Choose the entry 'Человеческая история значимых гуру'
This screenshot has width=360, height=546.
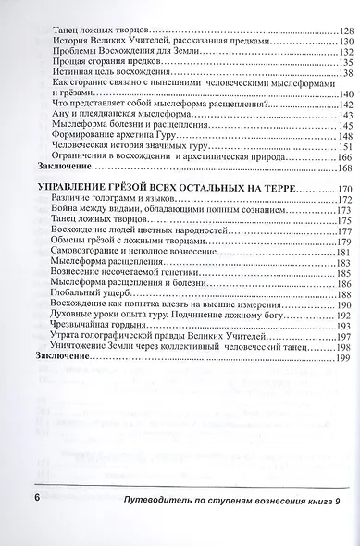point(120,145)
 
